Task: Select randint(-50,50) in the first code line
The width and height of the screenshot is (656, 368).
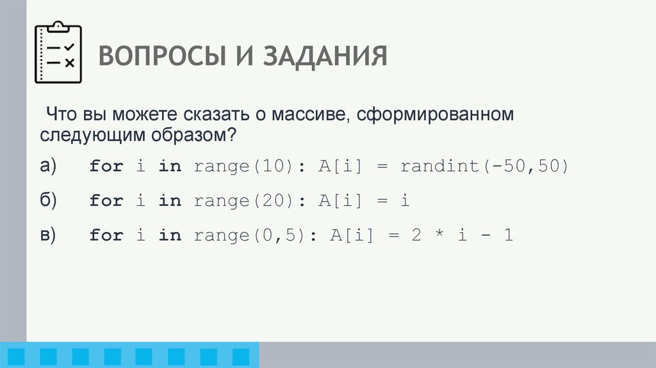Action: [484, 167]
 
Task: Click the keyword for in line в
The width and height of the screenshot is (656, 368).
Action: [106, 236]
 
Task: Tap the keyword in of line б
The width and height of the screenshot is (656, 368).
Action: [170, 201]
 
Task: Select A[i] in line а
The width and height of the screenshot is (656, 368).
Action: [334, 167]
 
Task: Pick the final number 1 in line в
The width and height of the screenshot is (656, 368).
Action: [507, 236]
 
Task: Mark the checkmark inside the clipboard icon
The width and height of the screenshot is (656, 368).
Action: [70, 47]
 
